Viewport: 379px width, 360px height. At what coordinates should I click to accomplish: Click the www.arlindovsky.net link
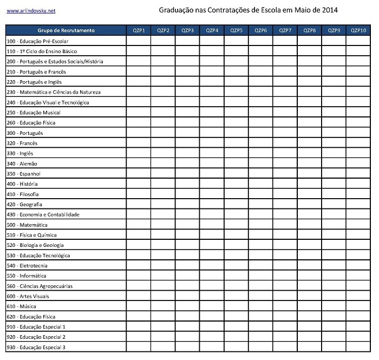(x=31, y=11)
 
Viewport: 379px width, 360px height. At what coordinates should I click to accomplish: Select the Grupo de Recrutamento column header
(x=66, y=30)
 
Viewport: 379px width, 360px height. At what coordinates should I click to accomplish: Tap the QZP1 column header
(x=139, y=30)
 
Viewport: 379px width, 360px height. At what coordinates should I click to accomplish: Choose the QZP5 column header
(x=236, y=30)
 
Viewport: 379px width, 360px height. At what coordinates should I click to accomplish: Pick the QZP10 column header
(x=358, y=30)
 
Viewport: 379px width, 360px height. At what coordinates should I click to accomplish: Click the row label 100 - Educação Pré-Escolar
(x=37, y=41)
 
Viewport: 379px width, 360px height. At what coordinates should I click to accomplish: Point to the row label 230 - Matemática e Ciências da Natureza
(x=54, y=92)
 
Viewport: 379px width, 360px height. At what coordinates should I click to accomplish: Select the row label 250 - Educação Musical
(x=34, y=113)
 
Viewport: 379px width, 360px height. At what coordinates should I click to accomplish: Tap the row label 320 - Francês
(x=22, y=143)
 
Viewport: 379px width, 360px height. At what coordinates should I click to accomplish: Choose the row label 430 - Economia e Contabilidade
(x=43, y=215)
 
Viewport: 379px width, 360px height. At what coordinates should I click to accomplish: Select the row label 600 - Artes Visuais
(x=28, y=296)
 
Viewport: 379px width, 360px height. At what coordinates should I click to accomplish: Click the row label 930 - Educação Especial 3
(x=36, y=348)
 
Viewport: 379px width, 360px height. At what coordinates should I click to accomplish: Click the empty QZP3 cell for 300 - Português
(x=187, y=133)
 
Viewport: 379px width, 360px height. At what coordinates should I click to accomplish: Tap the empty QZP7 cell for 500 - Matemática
(x=285, y=225)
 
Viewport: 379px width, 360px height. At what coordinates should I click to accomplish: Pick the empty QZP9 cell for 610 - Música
(x=334, y=306)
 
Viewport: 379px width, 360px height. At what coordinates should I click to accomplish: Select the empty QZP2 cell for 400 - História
(x=163, y=184)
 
